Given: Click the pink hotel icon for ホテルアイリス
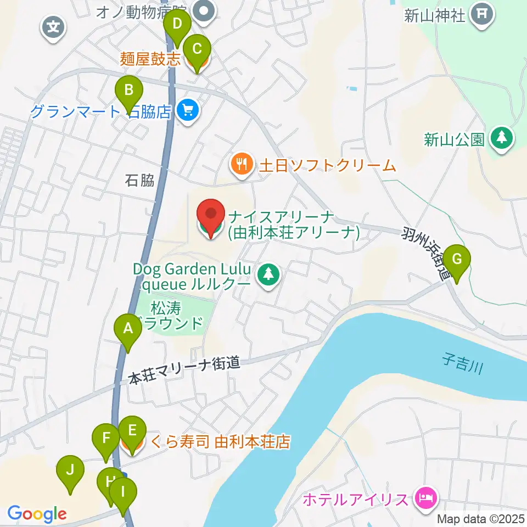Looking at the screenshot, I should (x=425, y=498).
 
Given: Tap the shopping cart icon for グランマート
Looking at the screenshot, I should (x=188, y=111).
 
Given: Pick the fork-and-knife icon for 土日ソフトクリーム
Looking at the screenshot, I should (x=242, y=164).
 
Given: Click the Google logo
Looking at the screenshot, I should (x=36, y=514).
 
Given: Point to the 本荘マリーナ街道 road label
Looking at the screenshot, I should (x=184, y=371).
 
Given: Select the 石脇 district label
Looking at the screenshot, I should (x=139, y=180).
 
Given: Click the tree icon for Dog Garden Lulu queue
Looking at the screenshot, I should (x=268, y=276).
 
